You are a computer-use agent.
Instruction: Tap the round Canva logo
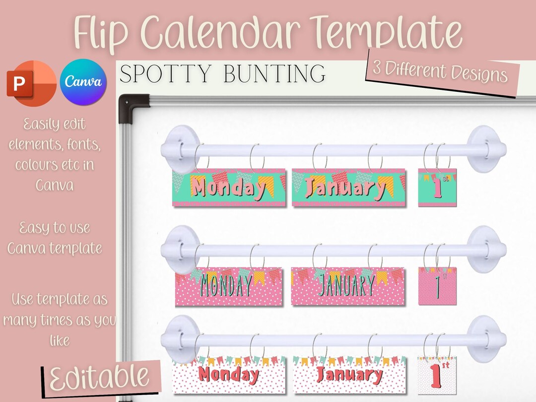[x=83, y=82]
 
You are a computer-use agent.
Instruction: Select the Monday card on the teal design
[x=229, y=187]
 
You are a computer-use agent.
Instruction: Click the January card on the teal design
[x=348, y=187]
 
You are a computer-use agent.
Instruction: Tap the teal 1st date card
[x=437, y=187]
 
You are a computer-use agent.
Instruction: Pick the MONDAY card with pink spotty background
[x=229, y=286]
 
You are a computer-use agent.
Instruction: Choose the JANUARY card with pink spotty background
[x=348, y=286]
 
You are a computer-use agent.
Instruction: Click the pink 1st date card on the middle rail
[x=437, y=286]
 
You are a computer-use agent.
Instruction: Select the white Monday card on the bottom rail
[x=229, y=375]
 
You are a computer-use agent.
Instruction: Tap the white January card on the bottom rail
[x=349, y=375]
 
